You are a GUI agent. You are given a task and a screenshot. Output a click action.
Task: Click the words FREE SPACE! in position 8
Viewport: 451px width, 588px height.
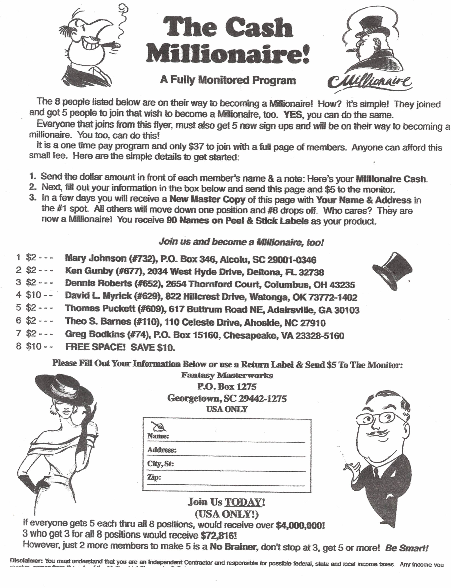click(95, 347)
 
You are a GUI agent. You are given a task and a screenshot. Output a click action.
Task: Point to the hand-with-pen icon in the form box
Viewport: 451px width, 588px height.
click(159, 426)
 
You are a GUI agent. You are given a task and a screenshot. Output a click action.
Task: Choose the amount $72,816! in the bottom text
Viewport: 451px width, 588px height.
click(218, 535)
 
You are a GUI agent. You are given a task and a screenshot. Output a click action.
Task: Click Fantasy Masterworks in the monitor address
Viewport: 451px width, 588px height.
click(227, 375)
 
